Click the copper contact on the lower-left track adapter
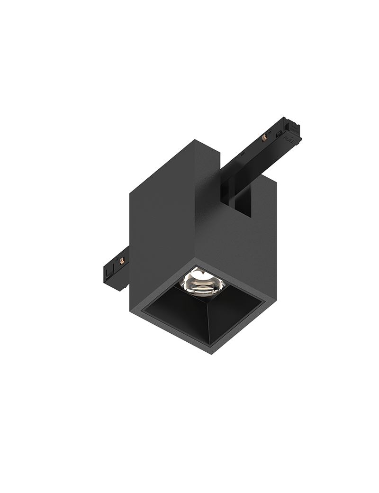pyautogui.click(x=123, y=259)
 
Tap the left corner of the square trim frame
pyautogui.click(x=139, y=310)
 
